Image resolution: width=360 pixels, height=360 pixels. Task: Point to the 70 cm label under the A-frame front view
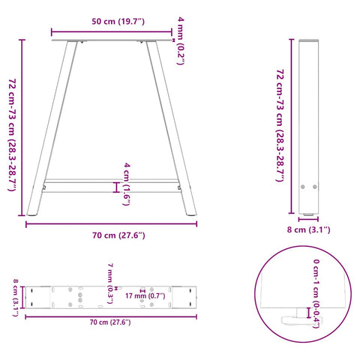[x=113, y=235]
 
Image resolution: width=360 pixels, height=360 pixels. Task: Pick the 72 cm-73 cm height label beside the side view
[x=280, y=124]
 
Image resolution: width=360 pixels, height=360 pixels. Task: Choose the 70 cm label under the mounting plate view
[x=109, y=322]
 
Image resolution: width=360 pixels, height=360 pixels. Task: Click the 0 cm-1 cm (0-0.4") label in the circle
[x=318, y=295]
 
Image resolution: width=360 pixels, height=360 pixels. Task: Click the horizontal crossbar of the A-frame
[x=112, y=181]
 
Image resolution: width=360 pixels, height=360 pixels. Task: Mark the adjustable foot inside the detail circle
[x=300, y=319]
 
